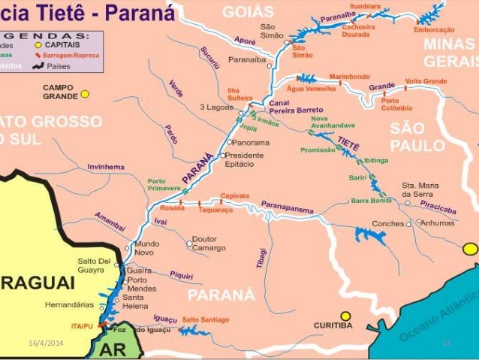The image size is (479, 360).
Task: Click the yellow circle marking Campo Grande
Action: pos(85,94)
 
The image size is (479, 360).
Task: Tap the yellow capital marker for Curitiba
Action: pos(345,316)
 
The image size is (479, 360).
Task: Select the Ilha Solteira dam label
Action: pos(239,95)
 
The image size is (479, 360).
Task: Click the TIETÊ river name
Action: pos(348,141)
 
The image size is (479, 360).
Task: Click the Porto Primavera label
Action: pos(167,185)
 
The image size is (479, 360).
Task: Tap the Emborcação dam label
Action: pos(434,29)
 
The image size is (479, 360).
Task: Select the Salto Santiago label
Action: pos(205,319)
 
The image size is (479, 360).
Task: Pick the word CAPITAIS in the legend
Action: pos(65,44)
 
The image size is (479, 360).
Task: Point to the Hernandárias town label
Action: pos(69,305)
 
